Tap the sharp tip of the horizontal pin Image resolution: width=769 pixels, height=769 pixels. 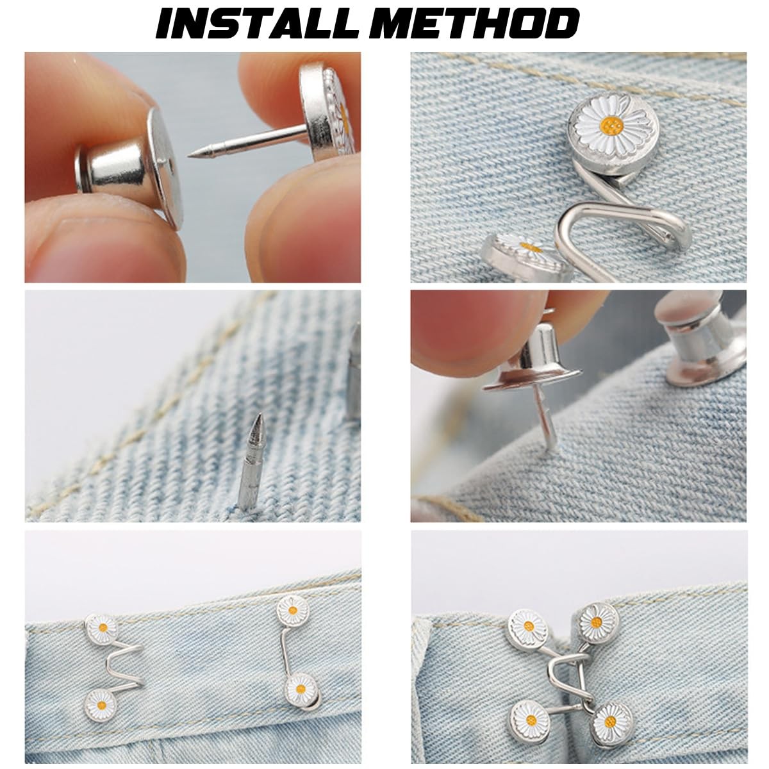tap(190, 155)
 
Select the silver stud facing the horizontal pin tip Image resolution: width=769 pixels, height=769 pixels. tap(129, 168)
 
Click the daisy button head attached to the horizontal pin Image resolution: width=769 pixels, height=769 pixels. tap(327, 112)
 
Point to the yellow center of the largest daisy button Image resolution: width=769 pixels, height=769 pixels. tap(611, 126)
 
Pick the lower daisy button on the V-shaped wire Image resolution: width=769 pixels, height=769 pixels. tap(101, 705)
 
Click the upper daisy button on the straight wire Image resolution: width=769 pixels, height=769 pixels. tap(294, 611)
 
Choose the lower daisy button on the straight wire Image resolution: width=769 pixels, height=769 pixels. tap(301, 689)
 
